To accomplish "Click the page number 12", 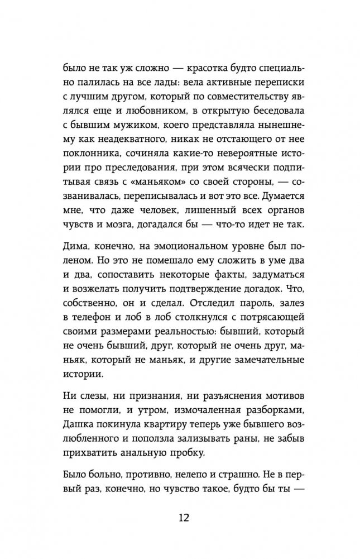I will coord(180,515).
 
